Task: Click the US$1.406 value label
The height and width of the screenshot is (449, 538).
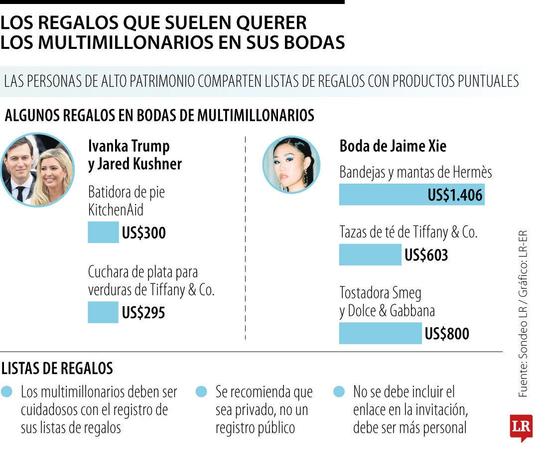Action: tap(455, 195)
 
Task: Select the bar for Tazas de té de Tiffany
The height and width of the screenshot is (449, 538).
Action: tap(370, 255)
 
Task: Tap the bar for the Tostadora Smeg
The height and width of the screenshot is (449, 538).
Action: tap(380, 333)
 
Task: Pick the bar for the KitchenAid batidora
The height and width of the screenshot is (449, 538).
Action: tap(103, 232)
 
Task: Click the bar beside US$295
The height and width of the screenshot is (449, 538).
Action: tap(103, 312)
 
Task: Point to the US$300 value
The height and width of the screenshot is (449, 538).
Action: tap(143, 233)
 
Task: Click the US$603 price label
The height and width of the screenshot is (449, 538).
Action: tap(426, 255)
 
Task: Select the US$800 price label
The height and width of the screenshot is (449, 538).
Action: tap(447, 334)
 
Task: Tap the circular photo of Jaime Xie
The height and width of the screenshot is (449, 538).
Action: tap(291, 165)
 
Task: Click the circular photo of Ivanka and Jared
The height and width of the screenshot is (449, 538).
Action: tap(37, 170)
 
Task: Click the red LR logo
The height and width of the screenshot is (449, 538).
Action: tap(521, 427)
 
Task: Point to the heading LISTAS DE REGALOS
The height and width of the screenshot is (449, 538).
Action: tap(57, 369)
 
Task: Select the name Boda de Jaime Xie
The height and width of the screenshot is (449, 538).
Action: tap(393, 146)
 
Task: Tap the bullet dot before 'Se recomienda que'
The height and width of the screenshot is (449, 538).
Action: tap(201, 392)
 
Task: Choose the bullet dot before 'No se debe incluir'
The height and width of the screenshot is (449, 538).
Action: tap(339, 392)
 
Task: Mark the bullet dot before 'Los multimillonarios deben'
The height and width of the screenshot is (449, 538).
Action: tap(7, 392)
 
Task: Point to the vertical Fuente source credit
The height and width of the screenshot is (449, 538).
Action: tap(523, 314)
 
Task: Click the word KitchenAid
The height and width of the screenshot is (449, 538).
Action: tap(116, 210)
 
